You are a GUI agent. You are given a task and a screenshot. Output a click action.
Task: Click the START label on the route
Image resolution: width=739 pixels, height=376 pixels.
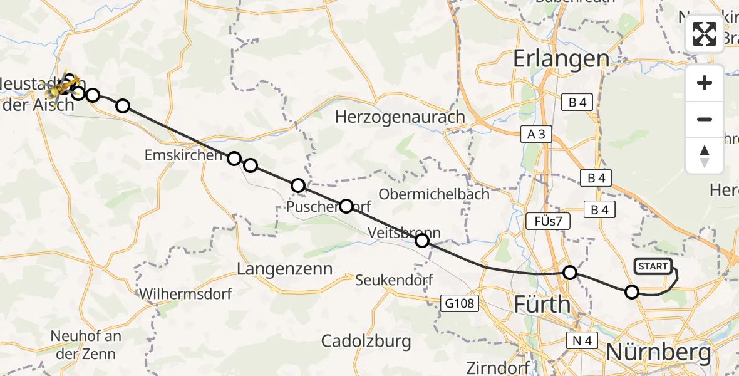coord(653,266)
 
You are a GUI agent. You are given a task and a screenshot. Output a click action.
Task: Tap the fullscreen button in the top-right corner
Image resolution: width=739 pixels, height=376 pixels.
coord(705,34)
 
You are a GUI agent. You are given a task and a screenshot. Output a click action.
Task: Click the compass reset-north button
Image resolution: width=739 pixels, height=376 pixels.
coord(705,155)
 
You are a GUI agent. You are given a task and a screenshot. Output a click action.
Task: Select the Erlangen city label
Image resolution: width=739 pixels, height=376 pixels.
coord(561,59)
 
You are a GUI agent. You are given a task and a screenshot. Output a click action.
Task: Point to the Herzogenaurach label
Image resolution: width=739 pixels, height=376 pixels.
coord(400,117)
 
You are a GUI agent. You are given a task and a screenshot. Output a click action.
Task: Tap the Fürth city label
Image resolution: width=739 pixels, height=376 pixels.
coord(542,305)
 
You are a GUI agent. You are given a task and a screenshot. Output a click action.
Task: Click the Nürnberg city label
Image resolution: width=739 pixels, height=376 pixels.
coord(658,352)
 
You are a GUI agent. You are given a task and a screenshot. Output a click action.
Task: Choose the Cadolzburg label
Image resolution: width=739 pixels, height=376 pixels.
coord(366,341)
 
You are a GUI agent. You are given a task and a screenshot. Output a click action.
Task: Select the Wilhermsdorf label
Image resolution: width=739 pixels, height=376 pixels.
coord(185,293)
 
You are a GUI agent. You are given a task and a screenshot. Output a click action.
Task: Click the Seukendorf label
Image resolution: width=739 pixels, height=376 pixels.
coord(394,280)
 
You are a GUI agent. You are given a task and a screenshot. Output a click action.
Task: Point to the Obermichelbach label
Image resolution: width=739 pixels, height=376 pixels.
coord(434,194)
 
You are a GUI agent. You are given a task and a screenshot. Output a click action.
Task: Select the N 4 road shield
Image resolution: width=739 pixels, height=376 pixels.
coord(582,340)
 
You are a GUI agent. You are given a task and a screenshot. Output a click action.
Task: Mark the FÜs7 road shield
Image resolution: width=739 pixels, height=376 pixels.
coord(544,221)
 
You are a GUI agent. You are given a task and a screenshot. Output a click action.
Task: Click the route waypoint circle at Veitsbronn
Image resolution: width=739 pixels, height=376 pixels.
coord(422,241)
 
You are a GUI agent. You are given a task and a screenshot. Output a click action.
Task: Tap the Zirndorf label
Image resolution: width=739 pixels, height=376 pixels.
coord(498,367)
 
